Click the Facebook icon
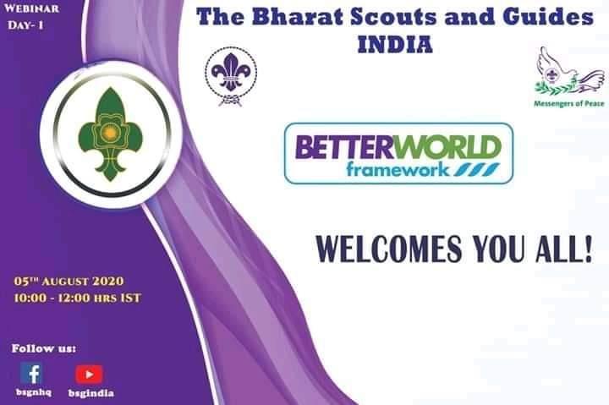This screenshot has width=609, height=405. point(31,373)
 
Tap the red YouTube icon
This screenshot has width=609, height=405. point(89,373)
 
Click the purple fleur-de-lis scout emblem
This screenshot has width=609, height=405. point(231,76)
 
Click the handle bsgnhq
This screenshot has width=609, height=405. point(32,393)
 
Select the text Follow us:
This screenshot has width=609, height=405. point(44,348)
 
